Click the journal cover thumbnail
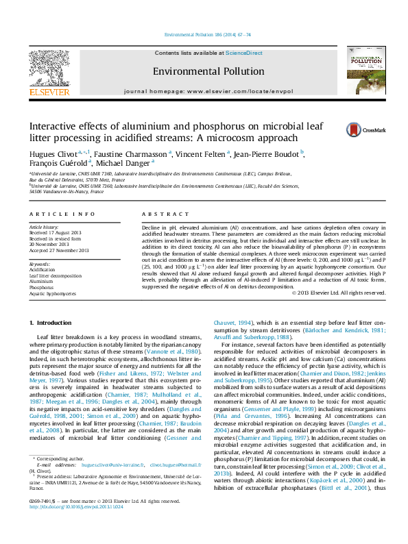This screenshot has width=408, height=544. [x=365, y=70]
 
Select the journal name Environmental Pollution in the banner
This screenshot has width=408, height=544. [x=208, y=71]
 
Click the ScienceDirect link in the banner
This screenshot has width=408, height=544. [x=244, y=53]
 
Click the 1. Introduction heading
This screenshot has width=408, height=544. [x=53, y=322]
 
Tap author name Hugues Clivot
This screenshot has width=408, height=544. [x=52, y=153]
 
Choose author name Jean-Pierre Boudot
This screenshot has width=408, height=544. [x=269, y=153]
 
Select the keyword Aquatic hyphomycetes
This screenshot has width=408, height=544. [x=53, y=293]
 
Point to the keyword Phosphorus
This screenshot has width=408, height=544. [x=41, y=287]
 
